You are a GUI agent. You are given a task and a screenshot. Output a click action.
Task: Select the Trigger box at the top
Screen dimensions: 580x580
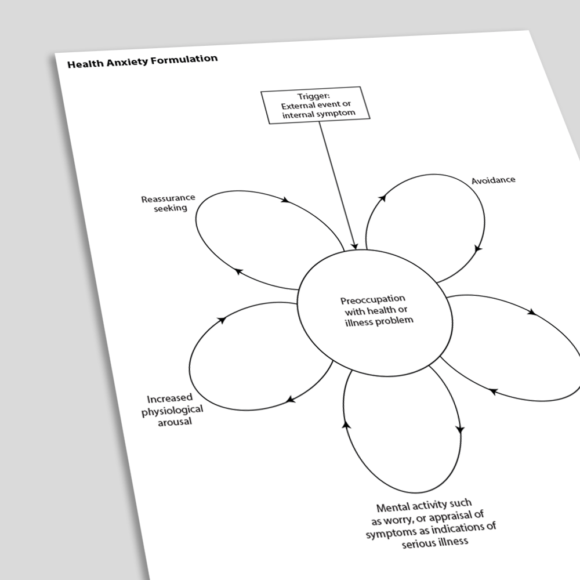316,105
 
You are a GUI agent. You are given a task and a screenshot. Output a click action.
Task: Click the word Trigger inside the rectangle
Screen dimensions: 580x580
313,96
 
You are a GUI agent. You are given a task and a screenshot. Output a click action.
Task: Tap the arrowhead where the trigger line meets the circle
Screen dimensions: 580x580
354,246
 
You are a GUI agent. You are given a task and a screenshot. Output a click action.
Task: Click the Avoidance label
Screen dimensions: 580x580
493,180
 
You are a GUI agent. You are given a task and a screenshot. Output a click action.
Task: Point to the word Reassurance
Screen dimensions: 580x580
168,199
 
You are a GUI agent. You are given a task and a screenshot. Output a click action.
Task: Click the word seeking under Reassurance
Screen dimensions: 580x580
171,208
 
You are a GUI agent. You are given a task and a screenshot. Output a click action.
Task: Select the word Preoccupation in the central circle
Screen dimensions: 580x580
373,299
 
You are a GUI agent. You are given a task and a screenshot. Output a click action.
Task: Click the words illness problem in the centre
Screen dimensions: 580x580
379,321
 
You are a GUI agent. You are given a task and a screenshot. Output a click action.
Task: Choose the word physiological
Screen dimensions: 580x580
172,410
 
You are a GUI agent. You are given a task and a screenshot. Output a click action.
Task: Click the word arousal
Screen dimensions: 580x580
175,422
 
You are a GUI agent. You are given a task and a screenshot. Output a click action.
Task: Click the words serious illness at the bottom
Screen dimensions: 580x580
435,543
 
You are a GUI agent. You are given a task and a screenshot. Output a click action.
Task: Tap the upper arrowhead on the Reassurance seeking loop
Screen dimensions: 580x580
285,200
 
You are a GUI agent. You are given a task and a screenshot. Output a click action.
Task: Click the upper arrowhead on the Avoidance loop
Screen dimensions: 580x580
382,198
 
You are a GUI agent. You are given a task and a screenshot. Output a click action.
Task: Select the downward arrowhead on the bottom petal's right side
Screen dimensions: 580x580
460,429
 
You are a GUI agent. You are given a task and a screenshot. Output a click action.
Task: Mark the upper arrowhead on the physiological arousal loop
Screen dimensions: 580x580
222,320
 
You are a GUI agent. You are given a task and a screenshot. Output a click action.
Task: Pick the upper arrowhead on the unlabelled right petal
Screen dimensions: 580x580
532,312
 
